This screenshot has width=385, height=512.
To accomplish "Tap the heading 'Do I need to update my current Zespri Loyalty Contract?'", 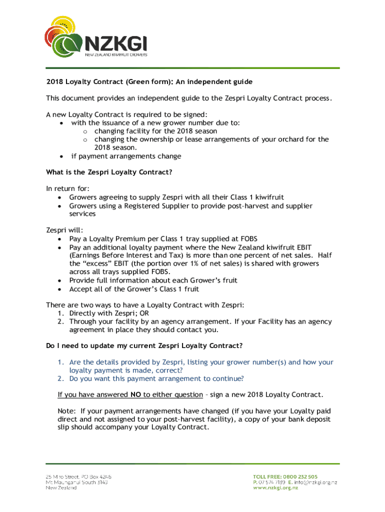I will pyautogui.click(x=144, y=346).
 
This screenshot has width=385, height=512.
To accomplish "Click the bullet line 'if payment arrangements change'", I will pyautogui.click(x=126, y=156).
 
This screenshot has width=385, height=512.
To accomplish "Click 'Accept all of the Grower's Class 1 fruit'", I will pyautogui.click(x=134, y=289).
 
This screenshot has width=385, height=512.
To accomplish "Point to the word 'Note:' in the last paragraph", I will pyautogui.click(x=67, y=410).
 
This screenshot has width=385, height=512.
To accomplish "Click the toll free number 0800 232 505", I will pyautogui.click(x=299, y=476).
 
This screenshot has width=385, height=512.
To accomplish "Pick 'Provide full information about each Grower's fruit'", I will pyautogui.click(x=153, y=280).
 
